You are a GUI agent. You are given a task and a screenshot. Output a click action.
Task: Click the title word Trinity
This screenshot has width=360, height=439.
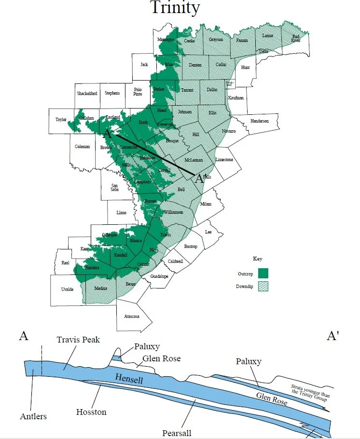pyautogui.click(x=174, y=8)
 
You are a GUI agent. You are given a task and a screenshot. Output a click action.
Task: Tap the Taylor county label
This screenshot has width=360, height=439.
pyautogui.click(x=61, y=119)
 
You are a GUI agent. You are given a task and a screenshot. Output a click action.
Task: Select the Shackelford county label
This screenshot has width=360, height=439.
pyautogui.click(x=87, y=93)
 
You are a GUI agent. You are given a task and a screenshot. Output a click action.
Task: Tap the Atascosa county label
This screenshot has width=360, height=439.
pyautogui.click(x=132, y=316)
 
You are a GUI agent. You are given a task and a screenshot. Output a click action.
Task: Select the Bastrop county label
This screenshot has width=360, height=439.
pyautogui.click(x=191, y=247)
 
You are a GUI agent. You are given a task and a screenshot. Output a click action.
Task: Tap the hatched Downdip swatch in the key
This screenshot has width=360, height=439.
pyautogui.click(x=263, y=286)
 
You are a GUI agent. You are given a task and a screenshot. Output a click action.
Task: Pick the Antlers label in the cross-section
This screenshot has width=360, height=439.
pyautogui.click(x=33, y=416)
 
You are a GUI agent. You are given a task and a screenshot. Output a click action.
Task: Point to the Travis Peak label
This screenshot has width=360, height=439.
pyautogui.click(x=78, y=340)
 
